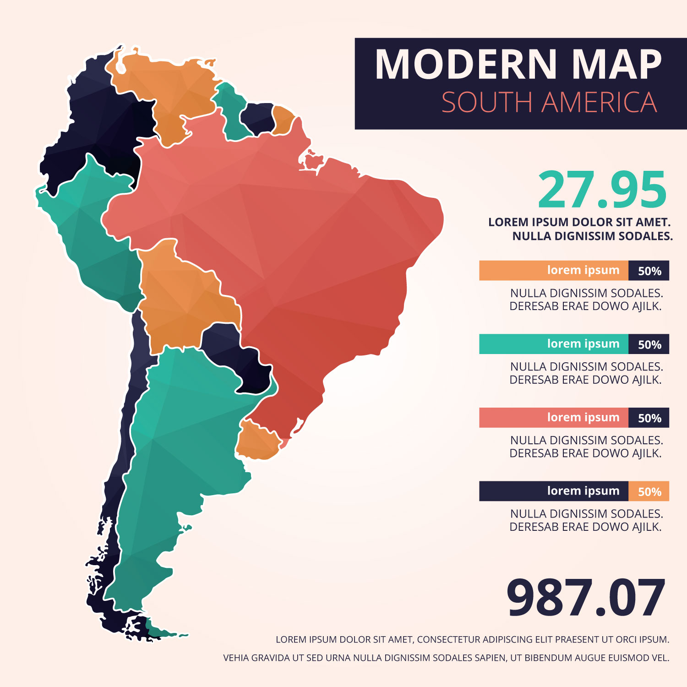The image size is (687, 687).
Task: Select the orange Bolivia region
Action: pos(183,298)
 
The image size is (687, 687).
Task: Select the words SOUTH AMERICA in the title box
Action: pos(549,103)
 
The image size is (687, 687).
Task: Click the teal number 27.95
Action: pos(602,190)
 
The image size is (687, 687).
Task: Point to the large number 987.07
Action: pos(585,599)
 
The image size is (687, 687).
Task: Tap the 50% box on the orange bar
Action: pos(649,271)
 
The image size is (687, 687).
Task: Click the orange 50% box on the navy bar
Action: pos(649,491)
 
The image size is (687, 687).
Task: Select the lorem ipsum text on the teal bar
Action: pos(583,344)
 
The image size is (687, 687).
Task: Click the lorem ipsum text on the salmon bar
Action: pos(583,418)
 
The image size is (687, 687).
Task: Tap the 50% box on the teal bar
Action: pos(649,344)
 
